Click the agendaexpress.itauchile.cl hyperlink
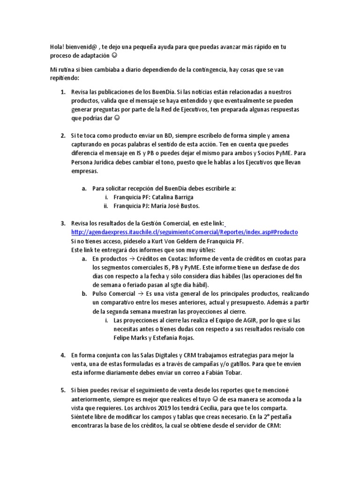(185, 232)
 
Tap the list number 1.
(62, 92)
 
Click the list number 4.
(62, 355)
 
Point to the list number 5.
(62, 390)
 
